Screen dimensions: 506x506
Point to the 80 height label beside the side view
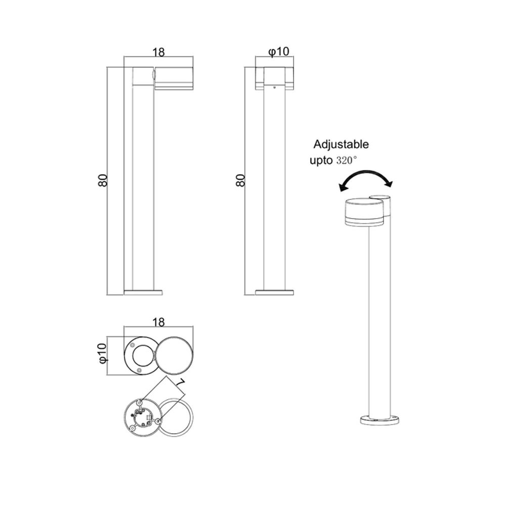[x=103, y=180]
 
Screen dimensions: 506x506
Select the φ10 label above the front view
[x=278, y=51]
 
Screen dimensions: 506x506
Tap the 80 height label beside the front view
[x=240, y=180]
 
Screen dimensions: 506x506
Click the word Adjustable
[x=341, y=144]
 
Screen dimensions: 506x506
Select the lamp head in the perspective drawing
[x=364, y=211]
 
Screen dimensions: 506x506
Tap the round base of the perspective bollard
[x=379, y=419]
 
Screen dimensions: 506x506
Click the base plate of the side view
[x=143, y=292]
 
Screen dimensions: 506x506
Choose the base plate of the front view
[x=274, y=292]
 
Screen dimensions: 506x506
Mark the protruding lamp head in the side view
[x=173, y=77]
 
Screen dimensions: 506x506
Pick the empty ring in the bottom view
[x=177, y=415]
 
